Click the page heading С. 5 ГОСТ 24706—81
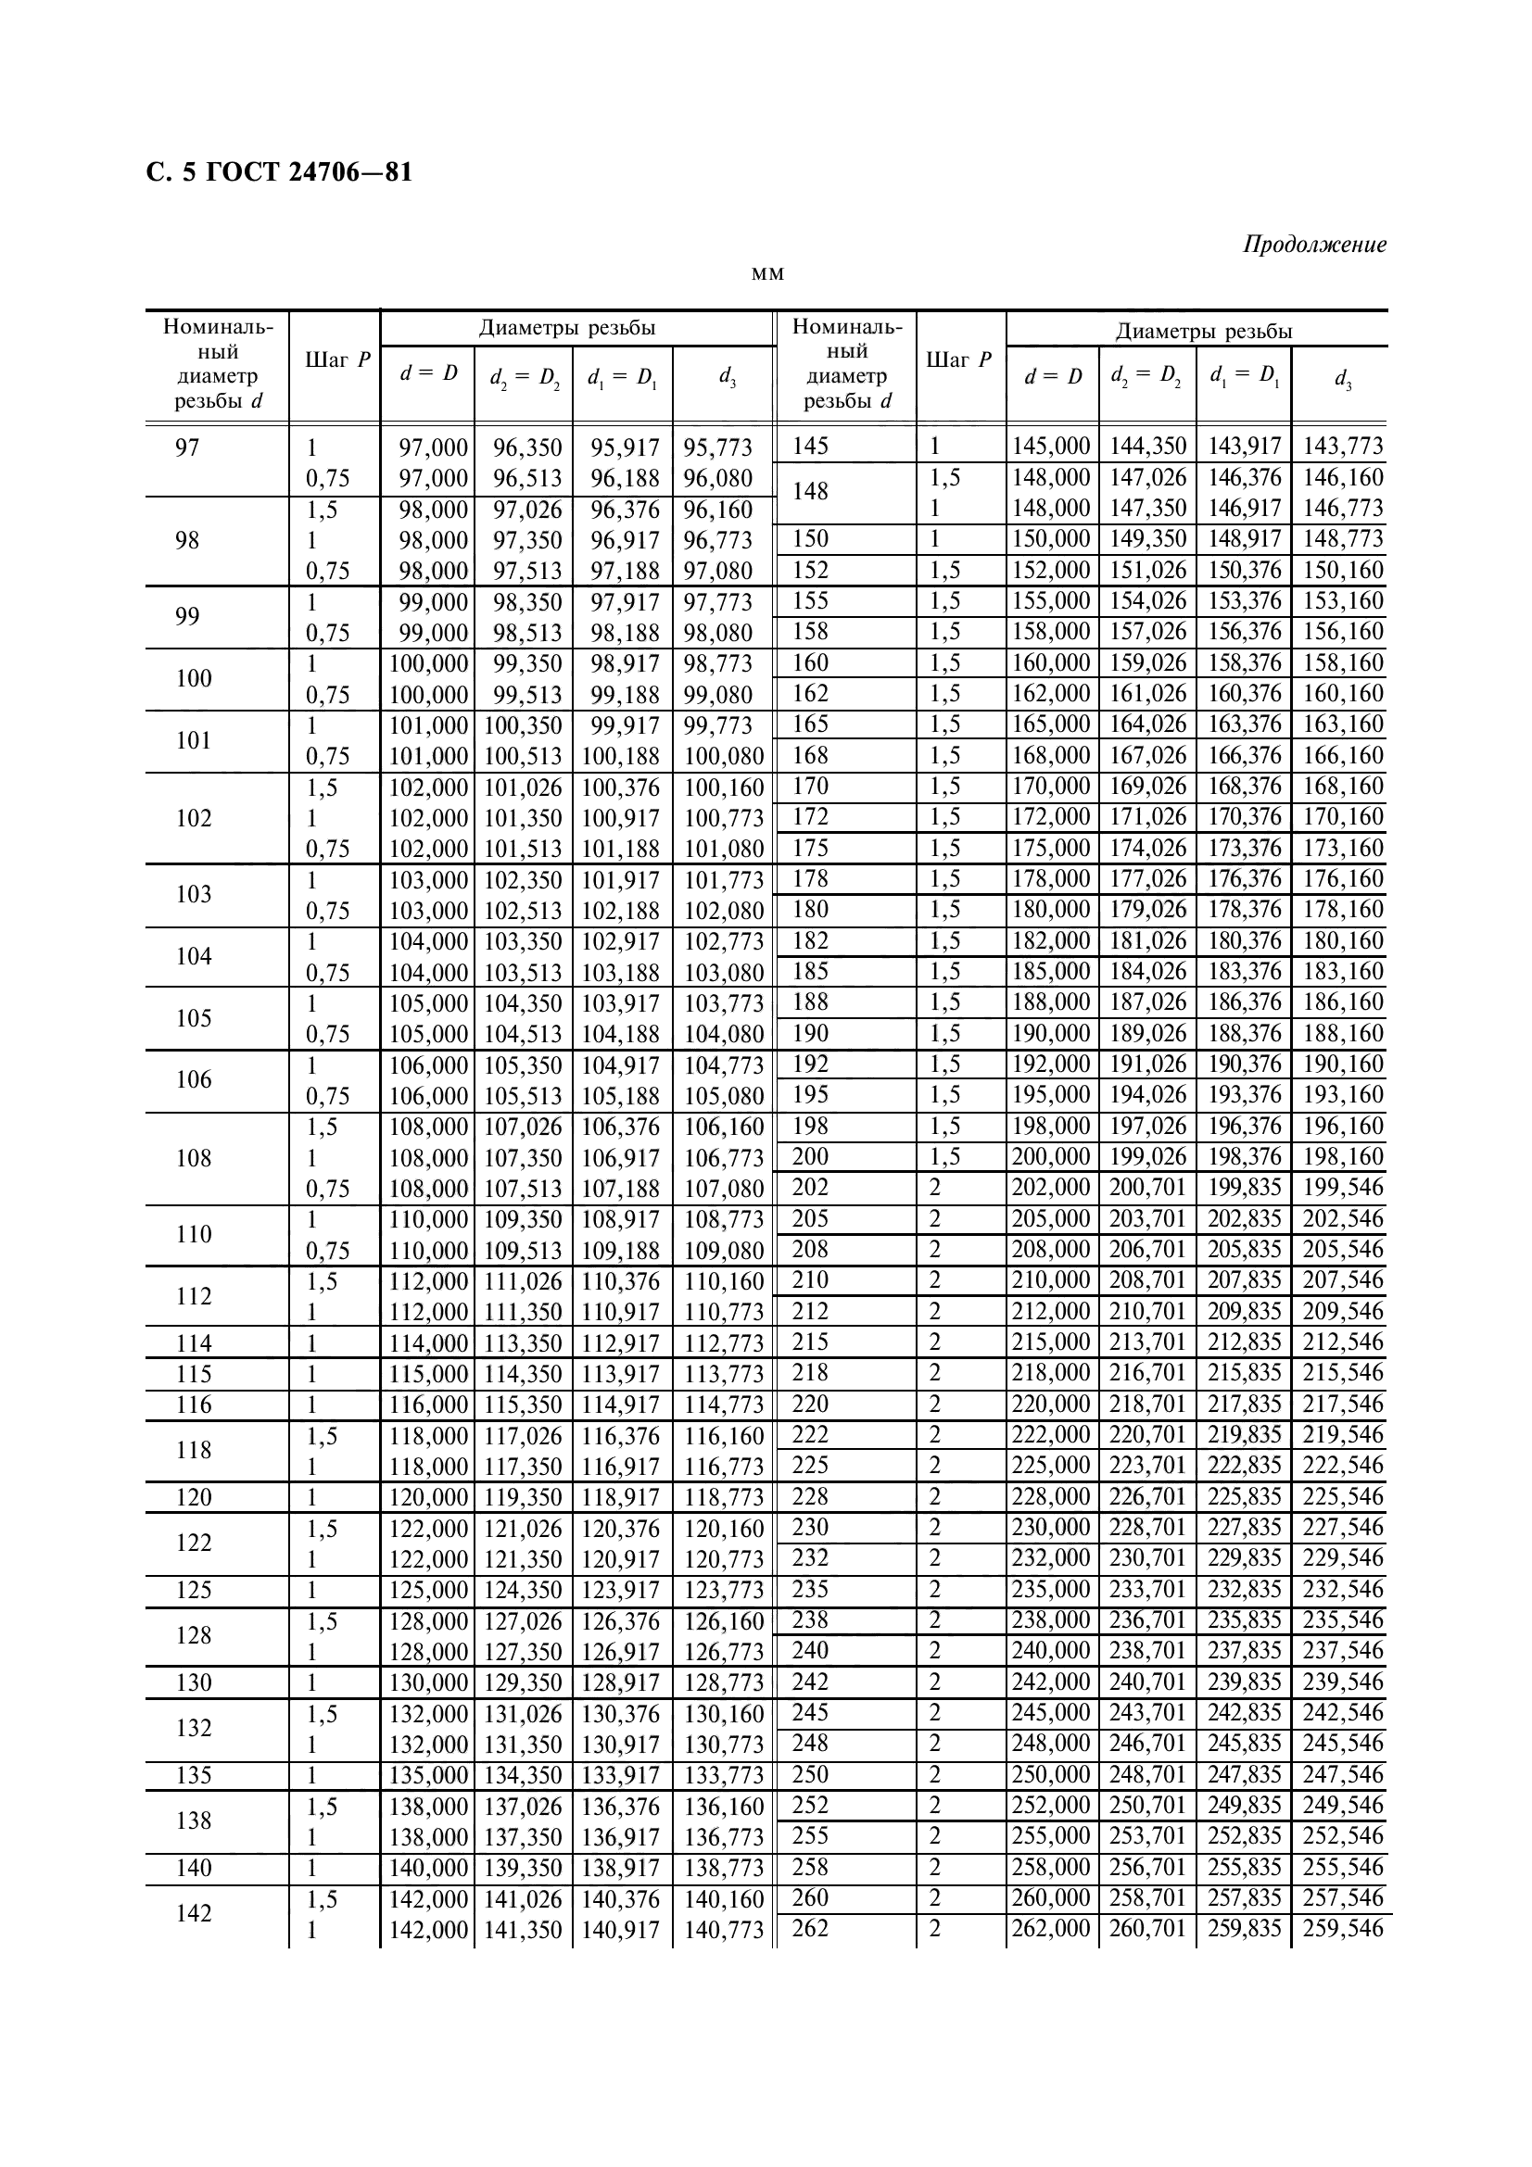279,173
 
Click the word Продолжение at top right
1314,245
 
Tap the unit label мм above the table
767,274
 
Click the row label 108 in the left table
194,1158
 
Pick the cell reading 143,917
1244,446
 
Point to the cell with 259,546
1342,1927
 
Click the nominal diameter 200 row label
810,1156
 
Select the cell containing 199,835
1244,1188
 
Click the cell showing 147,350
1146,508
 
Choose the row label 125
194,1591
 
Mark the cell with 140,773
723,1930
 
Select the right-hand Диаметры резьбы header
1204,332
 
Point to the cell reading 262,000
1051,1927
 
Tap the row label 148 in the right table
810,492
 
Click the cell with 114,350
523,1374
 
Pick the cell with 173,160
1342,848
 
